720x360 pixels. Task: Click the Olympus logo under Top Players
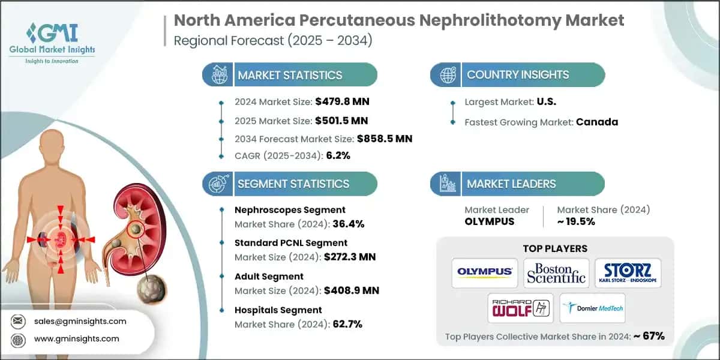click(x=485, y=272)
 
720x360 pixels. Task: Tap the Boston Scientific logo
click(x=556, y=272)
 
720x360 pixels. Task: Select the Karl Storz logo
click(x=627, y=272)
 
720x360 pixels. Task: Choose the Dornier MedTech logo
click(x=592, y=308)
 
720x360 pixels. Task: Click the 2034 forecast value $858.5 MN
click(x=384, y=139)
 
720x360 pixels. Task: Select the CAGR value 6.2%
click(x=338, y=155)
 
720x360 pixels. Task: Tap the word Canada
click(x=597, y=122)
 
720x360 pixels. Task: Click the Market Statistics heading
click(x=290, y=75)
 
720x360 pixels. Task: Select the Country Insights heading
click(x=518, y=75)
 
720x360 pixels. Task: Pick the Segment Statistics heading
click(x=293, y=184)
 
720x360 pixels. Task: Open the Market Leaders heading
click(x=511, y=184)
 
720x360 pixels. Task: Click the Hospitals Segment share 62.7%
click(x=345, y=325)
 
